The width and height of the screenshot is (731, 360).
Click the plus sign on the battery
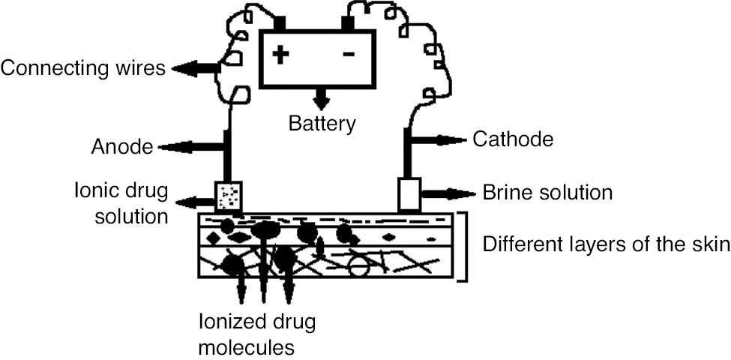[x=280, y=54]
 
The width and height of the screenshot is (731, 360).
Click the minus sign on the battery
[x=348, y=54]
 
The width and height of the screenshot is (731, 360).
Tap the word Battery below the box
[x=322, y=123]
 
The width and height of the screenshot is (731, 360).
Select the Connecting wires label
[x=83, y=68]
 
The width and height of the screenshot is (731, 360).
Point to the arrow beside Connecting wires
[x=196, y=68]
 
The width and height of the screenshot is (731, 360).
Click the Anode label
[x=122, y=147]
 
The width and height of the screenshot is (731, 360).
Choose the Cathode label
[x=513, y=139]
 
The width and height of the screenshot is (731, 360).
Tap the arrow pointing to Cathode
[x=439, y=139]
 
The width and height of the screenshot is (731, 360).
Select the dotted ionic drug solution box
[x=228, y=196]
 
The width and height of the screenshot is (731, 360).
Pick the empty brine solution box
[x=409, y=194]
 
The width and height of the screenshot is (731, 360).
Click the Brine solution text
[x=547, y=193]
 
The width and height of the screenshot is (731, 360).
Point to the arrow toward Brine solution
[x=448, y=193]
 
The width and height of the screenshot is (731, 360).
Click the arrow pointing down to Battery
[x=321, y=98]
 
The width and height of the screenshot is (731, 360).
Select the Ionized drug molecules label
[x=257, y=334]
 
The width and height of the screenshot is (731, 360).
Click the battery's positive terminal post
[x=279, y=22]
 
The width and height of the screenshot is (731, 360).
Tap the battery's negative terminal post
[x=348, y=22]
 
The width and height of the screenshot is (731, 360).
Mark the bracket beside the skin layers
[x=462, y=247]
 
